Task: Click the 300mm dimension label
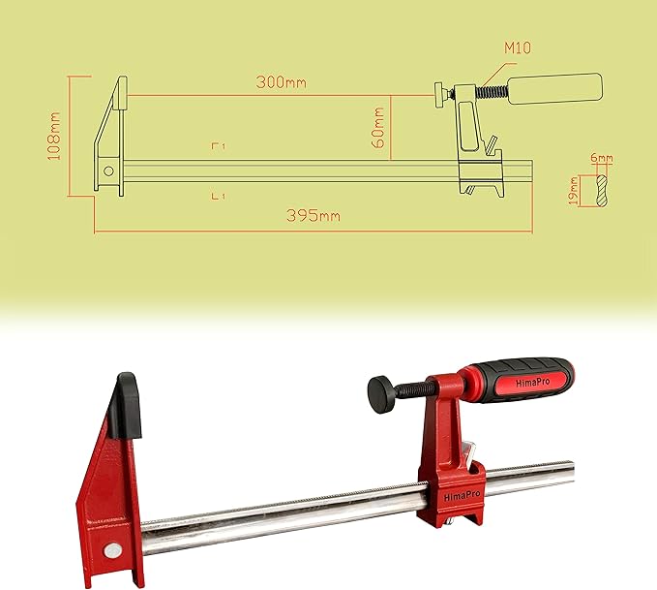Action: (x=282, y=82)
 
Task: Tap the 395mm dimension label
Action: (x=314, y=215)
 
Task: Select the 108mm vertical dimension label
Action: (x=56, y=136)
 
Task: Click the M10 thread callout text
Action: (x=517, y=47)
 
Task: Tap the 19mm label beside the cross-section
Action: (x=574, y=189)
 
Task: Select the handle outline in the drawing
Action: (x=555, y=90)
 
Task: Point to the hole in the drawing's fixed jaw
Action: (x=108, y=171)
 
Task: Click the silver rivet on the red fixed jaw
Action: (x=114, y=550)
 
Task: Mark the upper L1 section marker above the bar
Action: (x=219, y=145)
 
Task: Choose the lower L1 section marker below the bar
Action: (x=219, y=196)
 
